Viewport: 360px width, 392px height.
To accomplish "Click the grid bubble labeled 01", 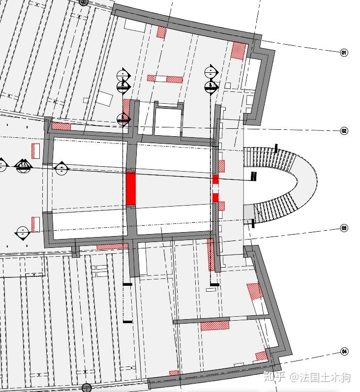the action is pyautogui.click(x=344, y=53).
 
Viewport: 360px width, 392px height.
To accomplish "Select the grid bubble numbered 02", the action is pyautogui.click(x=344, y=131).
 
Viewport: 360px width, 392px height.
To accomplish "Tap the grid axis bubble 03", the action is pyautogui.click(x=344, y=228).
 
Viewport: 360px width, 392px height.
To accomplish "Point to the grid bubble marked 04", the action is pyautogui.click(x=344, y=352).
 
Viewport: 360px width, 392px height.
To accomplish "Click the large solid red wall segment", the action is pyautogui.click(x=130, y=188).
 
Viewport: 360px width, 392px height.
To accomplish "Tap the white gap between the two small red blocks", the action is pyautogui.click(x=215, y=188).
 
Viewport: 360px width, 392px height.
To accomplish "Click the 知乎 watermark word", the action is pyautogui.click(x=274, y=377).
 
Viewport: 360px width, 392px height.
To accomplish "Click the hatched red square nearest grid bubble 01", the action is pyautogui.click(x=239, y=51).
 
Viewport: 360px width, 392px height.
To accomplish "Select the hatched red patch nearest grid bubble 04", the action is pyautogui.click(x=261, y=356).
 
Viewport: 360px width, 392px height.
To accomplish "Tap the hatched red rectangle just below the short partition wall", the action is pyautogui.click(x=215, y=326).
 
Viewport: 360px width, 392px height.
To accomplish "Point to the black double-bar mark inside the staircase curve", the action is pyautogui.click(x=254, y=176).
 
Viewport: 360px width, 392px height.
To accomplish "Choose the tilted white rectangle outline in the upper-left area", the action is pyautogui.click(x=104, y=99).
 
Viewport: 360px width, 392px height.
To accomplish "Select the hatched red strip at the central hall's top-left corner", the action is pyautogui.click(x=61, y=126).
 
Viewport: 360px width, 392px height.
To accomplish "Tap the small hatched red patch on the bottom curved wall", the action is pyautogui.click(x=174, y=373).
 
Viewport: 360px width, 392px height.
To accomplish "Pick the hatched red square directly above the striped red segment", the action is pyautogui.click(x=221, y=166).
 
